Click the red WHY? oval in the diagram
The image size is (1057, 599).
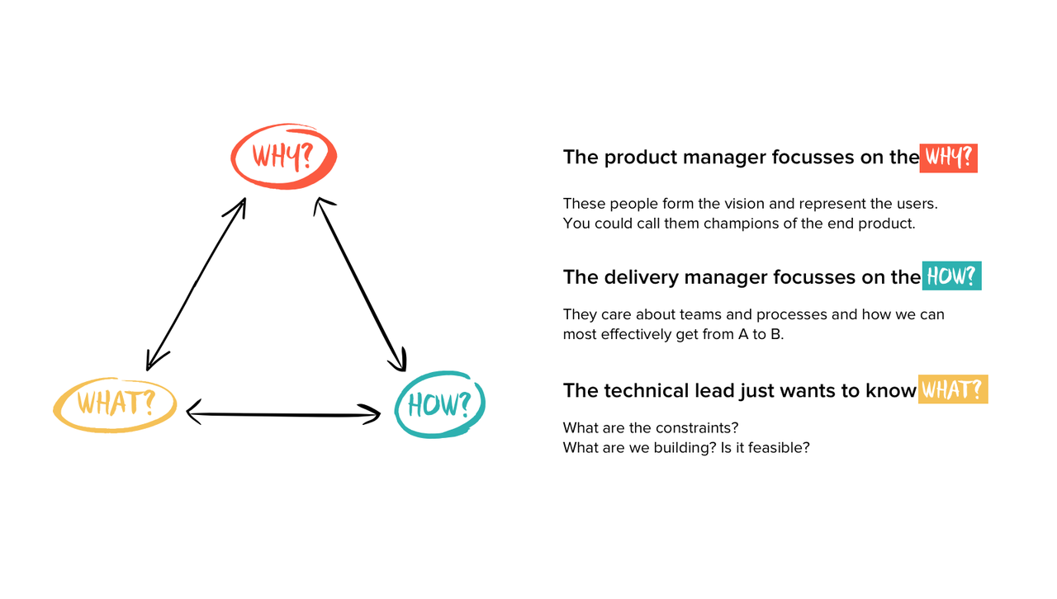pyautogui.click(x=283, y=156)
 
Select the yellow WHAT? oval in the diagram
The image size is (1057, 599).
pyautogui.click(x=116, y=404)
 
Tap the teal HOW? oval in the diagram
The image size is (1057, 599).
pyautogui.click(x=439, y=405)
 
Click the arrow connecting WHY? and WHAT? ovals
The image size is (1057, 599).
pyautogui.click(x=196, y=284)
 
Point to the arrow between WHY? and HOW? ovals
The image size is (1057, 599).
pyautogui.click(x=361, y=284)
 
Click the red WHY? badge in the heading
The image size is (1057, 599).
pyautogui.click(x=948, y=158)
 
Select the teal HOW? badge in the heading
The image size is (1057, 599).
pyautogui.click(x=951, y=276)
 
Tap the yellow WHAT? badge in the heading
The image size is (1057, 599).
pyautogui.click(x=953, y=389)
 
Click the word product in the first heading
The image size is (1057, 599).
pyautogui.click(x=637, y=158)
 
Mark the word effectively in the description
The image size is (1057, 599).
pyautogui.click(x=638, y=334)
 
